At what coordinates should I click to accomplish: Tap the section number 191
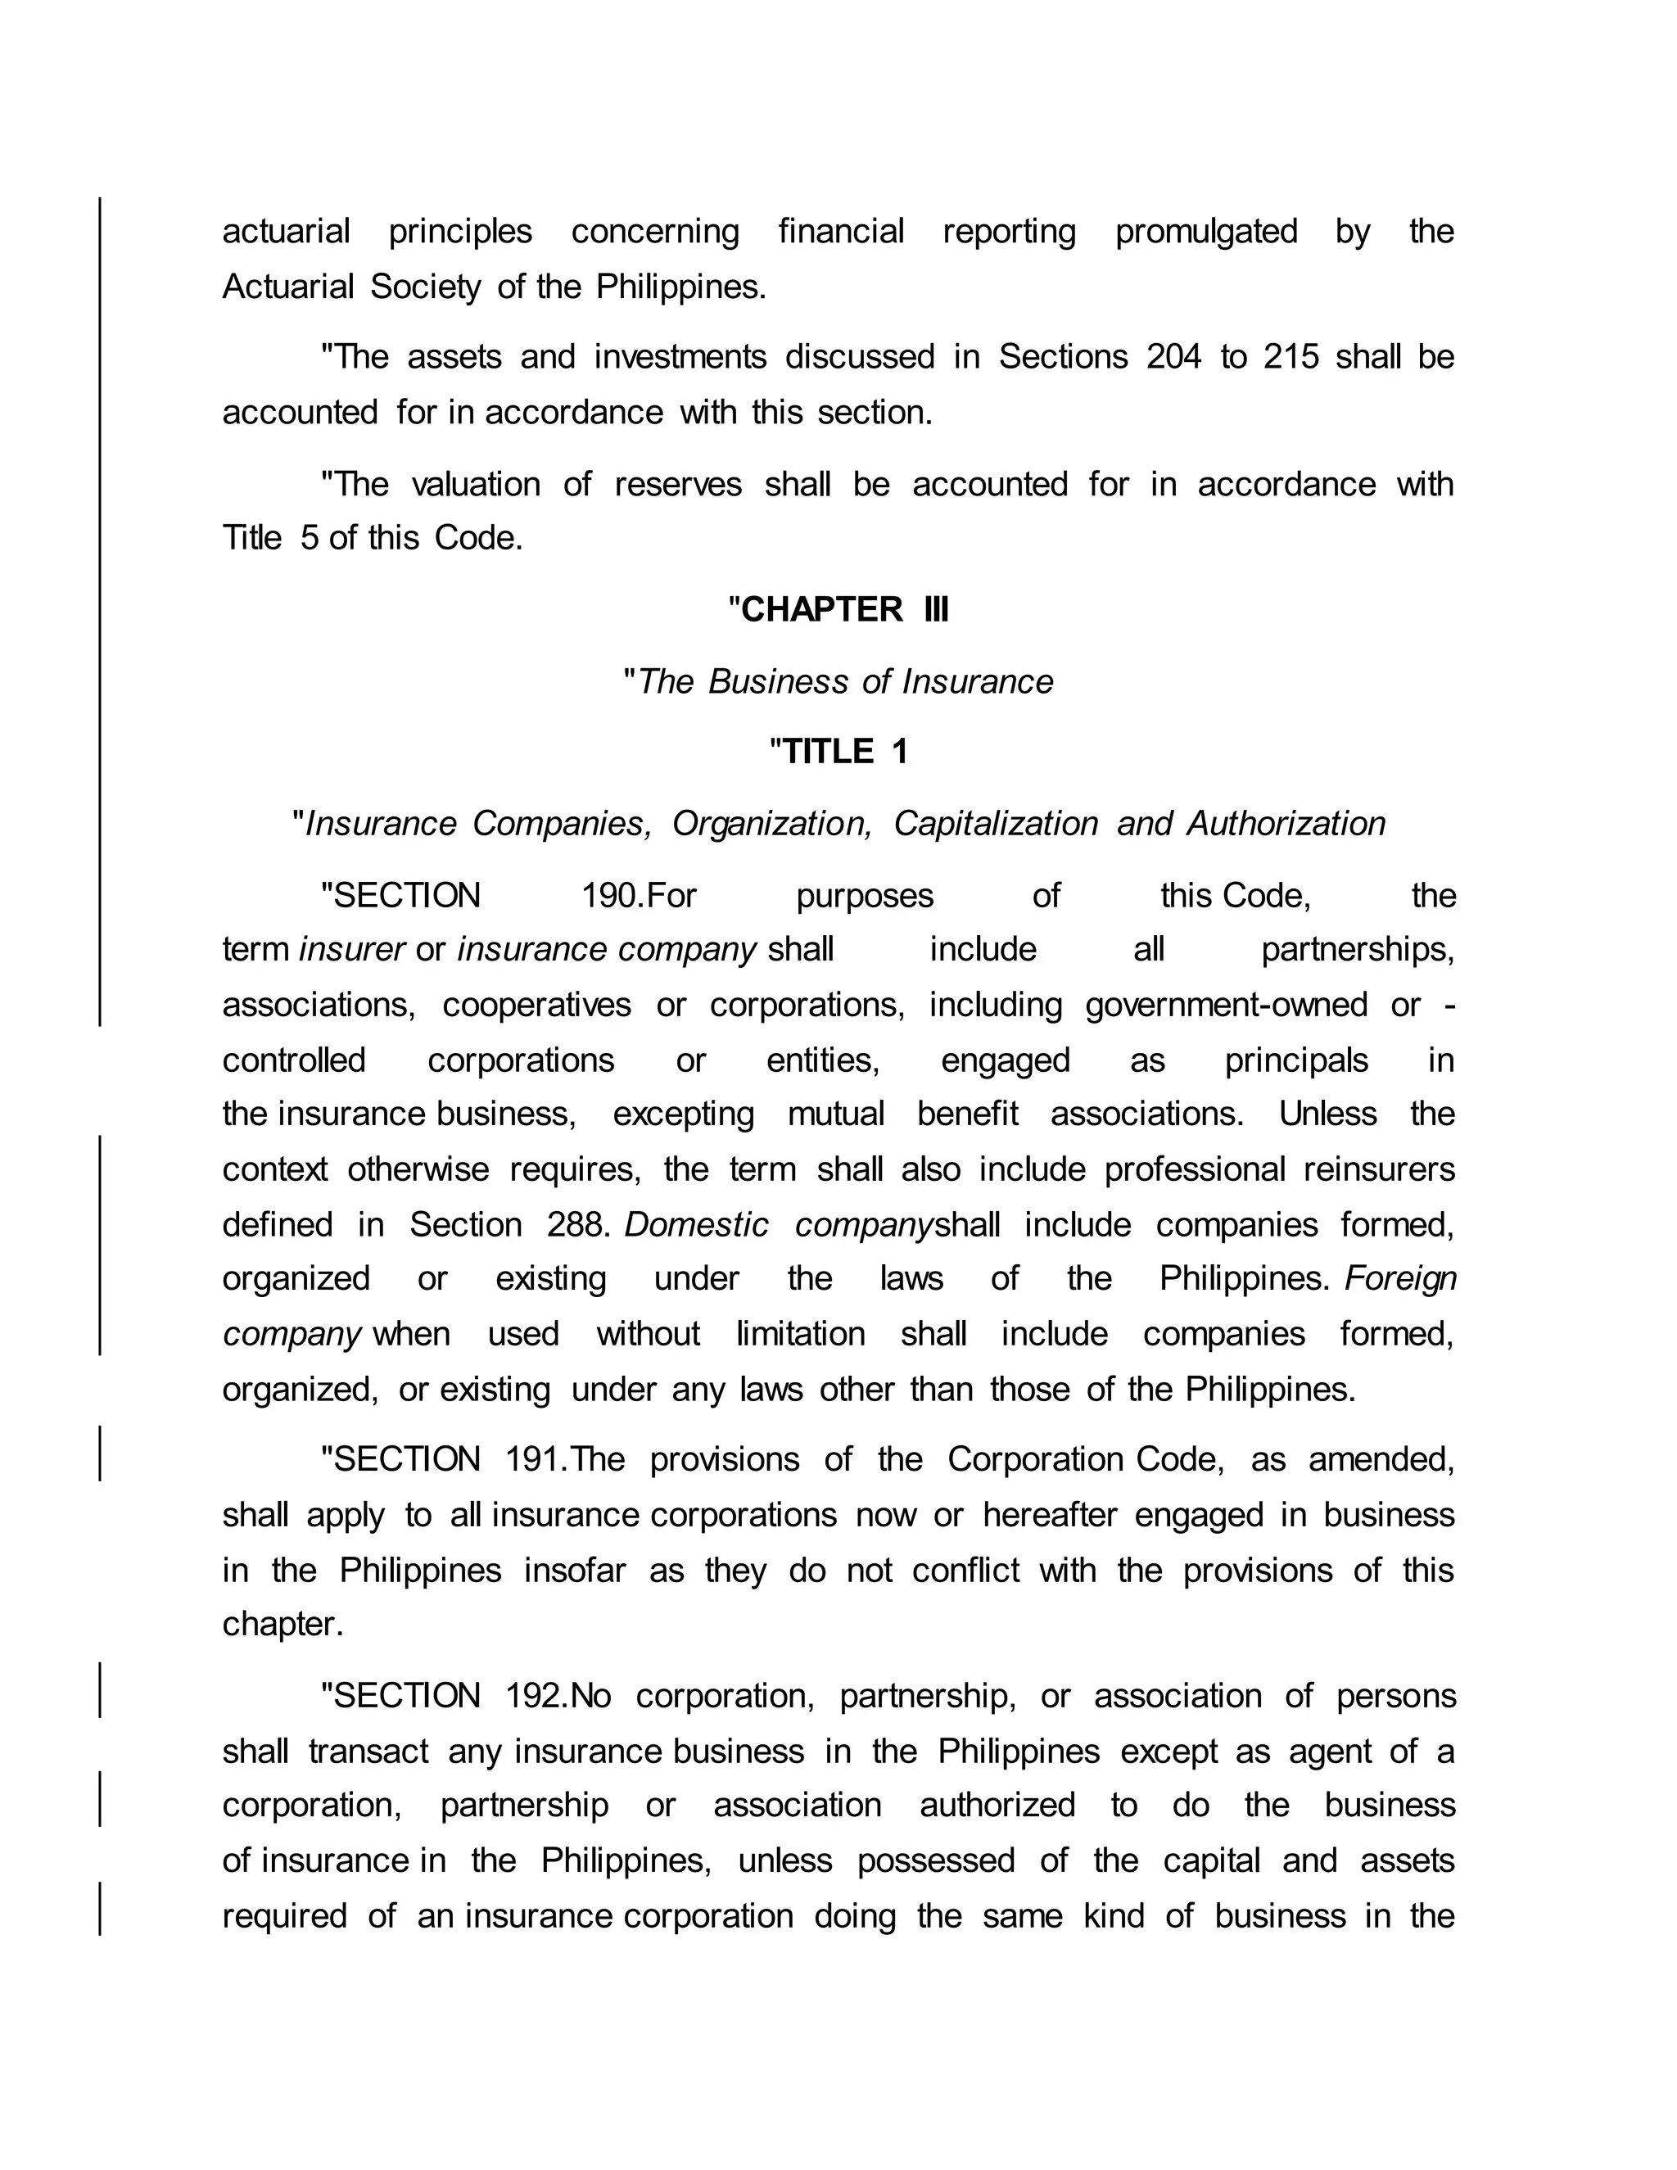535,1459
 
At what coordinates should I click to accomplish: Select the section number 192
535,1696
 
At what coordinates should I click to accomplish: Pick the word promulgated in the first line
1205,232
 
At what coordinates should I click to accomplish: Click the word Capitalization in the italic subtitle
996,824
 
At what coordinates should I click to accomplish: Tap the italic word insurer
351,950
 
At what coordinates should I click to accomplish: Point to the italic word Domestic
695,1225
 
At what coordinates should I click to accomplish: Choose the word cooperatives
536,1006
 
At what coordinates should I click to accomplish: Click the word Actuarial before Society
287,287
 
